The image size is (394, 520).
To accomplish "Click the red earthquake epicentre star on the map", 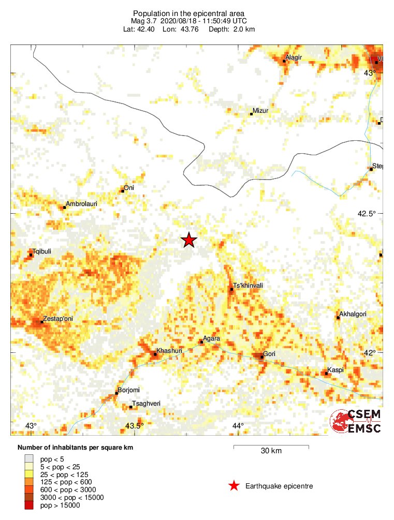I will click(x=189, y=240).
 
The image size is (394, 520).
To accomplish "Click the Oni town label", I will click(x=129, y=188).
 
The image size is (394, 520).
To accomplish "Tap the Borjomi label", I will click(x=129, y=390).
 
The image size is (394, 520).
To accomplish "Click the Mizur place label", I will click(x=260, y=111).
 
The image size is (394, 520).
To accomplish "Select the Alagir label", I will click(x=294, y=57).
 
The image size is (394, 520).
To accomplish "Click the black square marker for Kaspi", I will click(x=327, y=374).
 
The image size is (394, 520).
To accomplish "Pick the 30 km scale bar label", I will click(x=271, y=451).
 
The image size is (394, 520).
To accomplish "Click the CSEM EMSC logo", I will click(x=356, y=421).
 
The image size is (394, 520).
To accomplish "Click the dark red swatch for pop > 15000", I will click(x=30, y=506).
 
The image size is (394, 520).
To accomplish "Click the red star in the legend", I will click(x=234, y=486).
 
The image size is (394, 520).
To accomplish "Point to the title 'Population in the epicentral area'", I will click(x=188, y=13).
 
